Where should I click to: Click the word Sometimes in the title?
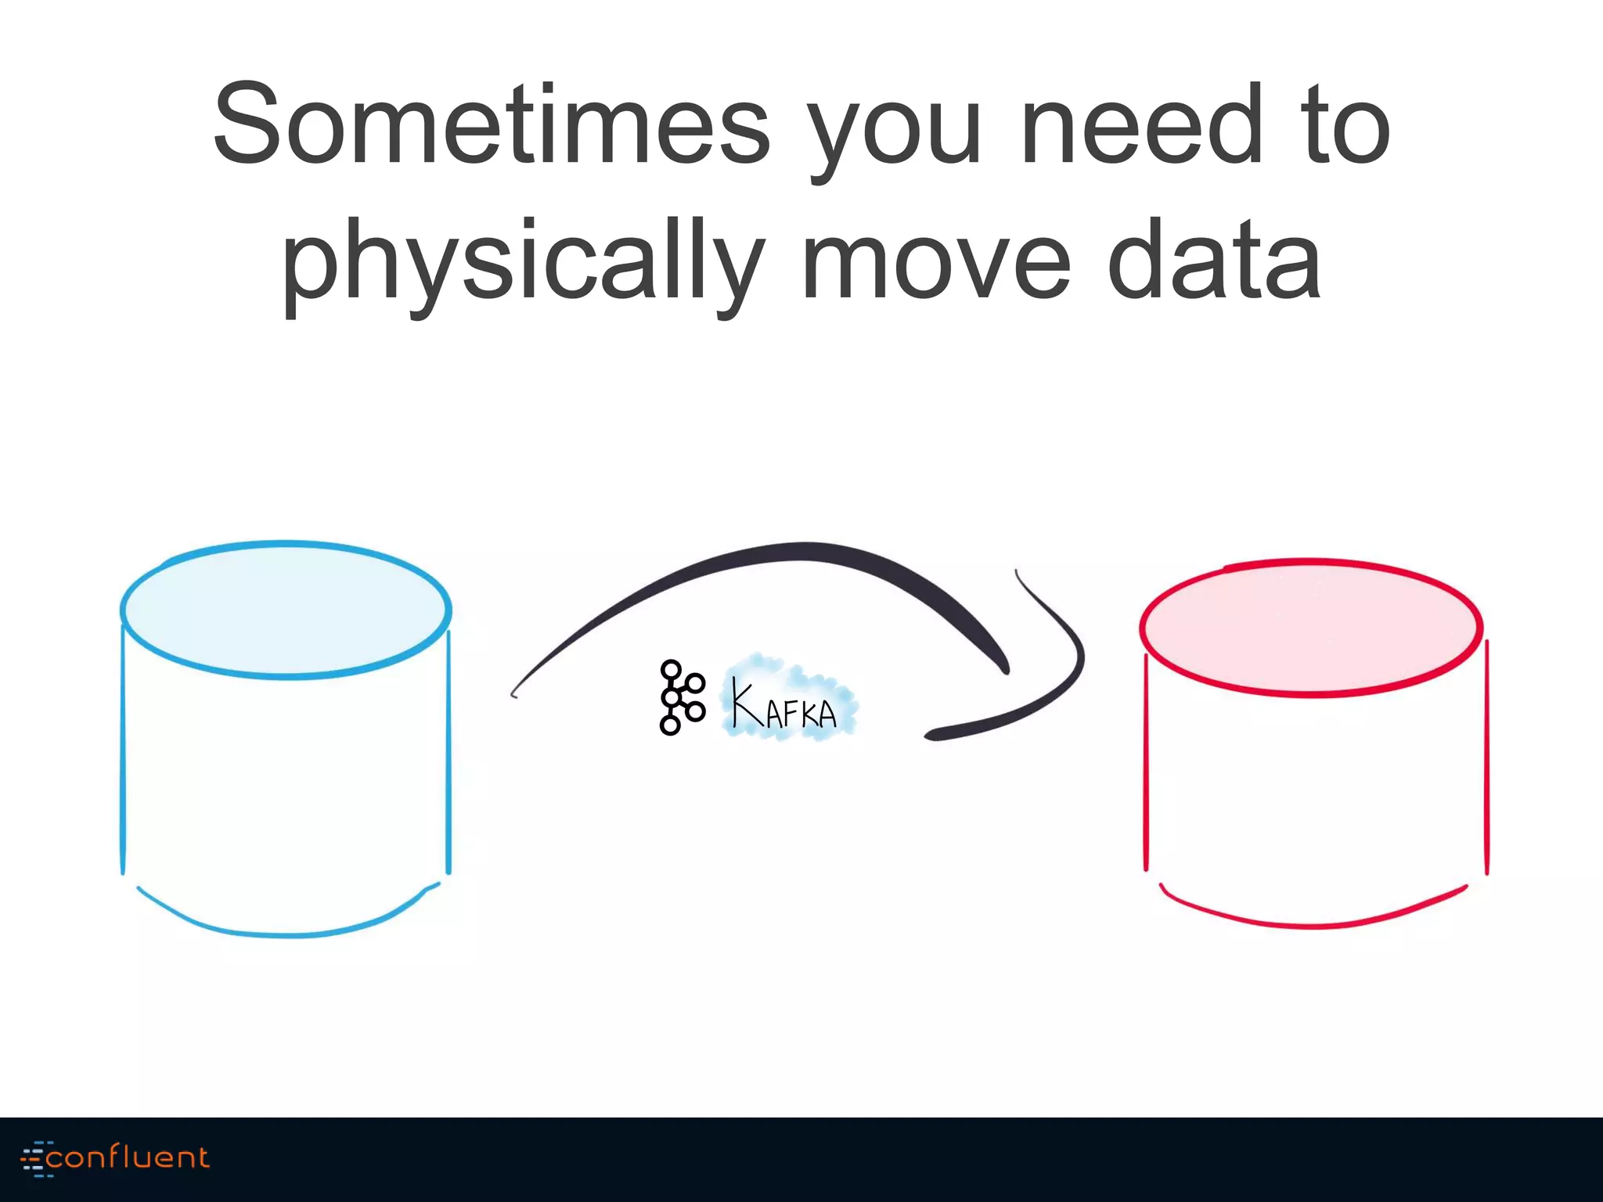492,125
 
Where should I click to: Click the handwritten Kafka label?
786,702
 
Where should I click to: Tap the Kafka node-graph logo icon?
680,697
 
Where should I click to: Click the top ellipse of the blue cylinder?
286,609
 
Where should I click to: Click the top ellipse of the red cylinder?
1311,627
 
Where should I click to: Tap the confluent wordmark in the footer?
128,1157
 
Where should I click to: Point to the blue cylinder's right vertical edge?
448,751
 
